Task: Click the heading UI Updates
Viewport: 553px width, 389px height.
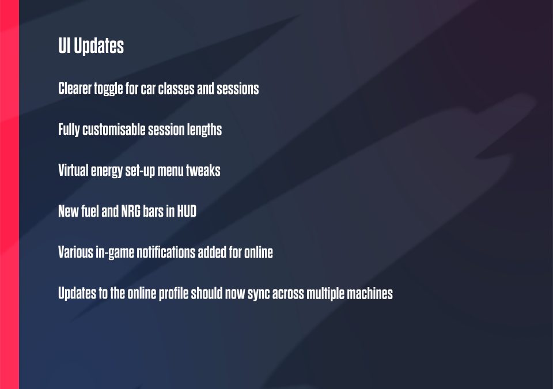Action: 91,46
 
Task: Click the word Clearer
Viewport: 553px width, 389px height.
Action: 75,88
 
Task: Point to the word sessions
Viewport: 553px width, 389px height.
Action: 238,88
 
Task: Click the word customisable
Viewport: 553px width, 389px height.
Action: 114,129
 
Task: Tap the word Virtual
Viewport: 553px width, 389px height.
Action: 73,170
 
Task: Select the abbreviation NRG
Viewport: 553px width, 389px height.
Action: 131,211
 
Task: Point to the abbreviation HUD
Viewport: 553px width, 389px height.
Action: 187,211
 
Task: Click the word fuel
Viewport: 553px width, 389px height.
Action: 90,211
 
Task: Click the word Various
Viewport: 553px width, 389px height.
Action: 76,252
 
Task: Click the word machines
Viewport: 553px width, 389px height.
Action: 370,293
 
